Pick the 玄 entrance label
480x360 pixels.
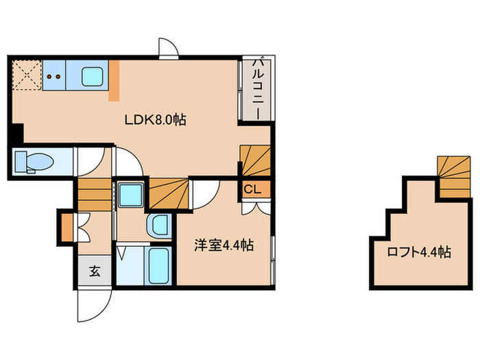94,271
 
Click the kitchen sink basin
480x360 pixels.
93,75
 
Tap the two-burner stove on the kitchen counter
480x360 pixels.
54,77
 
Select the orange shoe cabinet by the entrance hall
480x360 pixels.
67,227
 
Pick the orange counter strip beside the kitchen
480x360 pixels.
115,80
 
